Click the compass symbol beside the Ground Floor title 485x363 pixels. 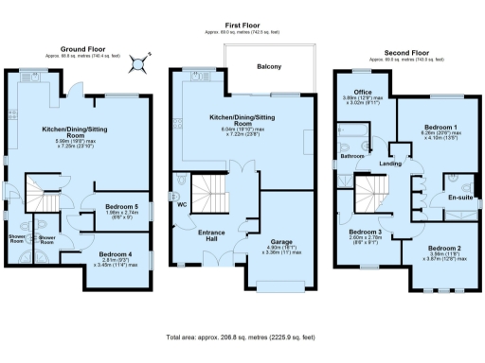click(x=140, y=64)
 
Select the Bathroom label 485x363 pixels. click(x=353, y=155)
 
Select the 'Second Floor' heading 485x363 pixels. click(x=408, y=53)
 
